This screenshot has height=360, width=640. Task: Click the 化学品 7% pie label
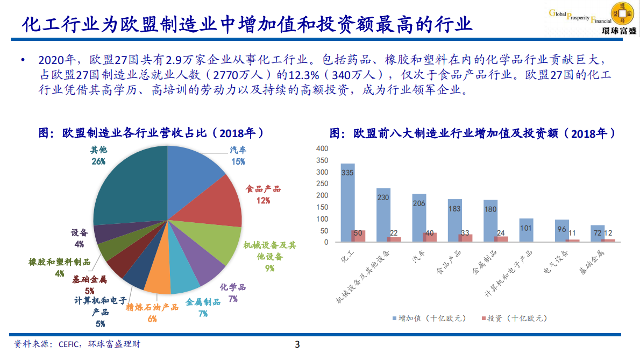pyautogui.click(x=233, y=293)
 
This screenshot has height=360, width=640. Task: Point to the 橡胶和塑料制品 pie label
pyautogui.click(x=59, y=267)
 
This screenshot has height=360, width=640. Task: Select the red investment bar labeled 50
pyautogui.click(x=358, y=236)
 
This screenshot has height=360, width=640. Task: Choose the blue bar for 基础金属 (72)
pyautogui.click(x=597, y=234)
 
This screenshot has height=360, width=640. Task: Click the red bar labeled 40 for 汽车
pyautogui.click(x=430, y=237)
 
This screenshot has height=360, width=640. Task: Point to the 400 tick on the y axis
pyautogui.click(x=322, y=149)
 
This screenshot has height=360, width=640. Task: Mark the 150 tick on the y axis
pyautogui.click(x=322, y=207)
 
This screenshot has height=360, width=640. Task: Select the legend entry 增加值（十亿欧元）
pyautogui.click(x=428, y=318)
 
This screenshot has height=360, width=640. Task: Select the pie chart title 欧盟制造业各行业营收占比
pyautogui.click(x=153, y=133)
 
